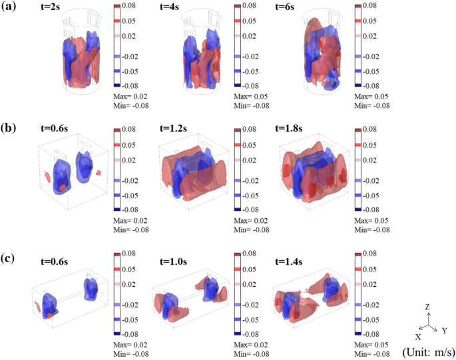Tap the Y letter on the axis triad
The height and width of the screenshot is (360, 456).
click(x=445, y=330)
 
